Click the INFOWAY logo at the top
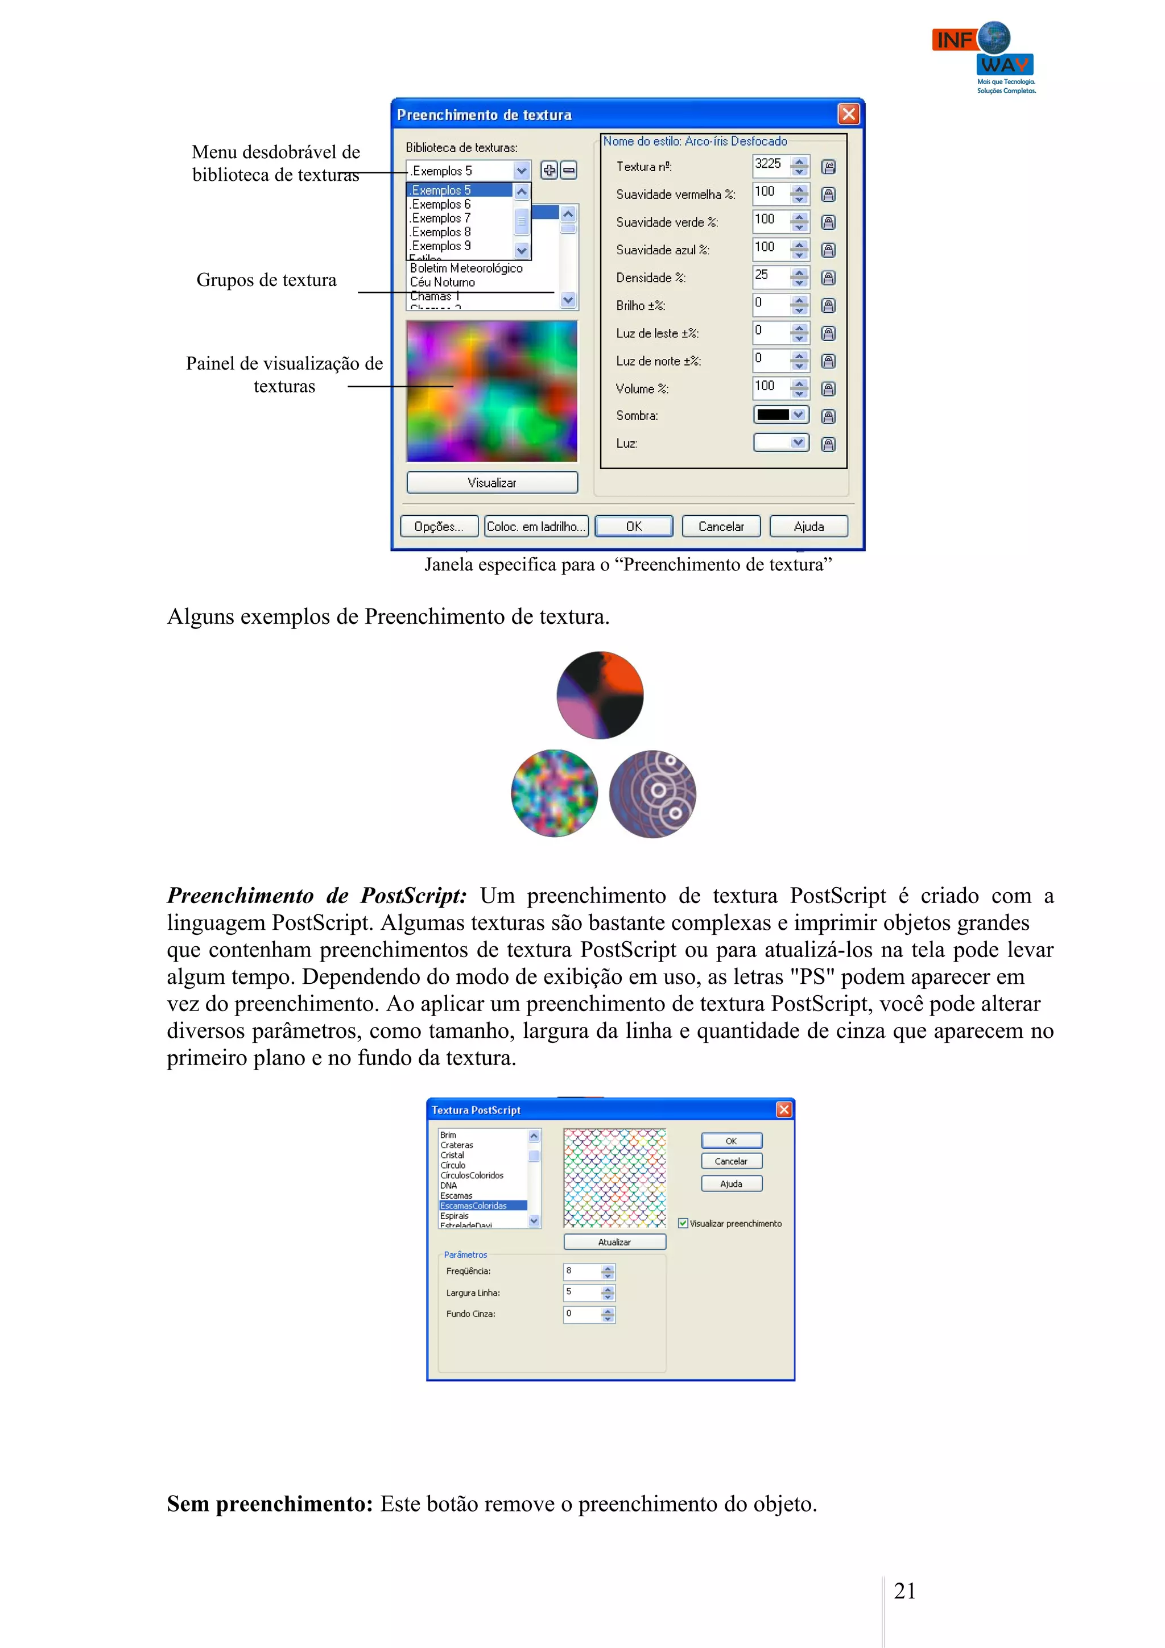coord(984,56)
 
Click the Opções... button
coord(439,526)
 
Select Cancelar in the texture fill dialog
coord(721,526)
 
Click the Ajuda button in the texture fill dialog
coord(808,526)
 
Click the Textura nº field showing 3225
coord(770,165)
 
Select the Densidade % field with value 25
coord(770,276)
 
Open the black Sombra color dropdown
coord(781,415)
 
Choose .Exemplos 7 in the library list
coord(441,218)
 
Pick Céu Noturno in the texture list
coord(443,282)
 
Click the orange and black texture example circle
coord(600,695)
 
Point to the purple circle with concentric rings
coord(652,794)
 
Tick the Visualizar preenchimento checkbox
coord(683,1223)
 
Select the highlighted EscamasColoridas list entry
coord(474,1206)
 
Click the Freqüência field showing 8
coord(581,1271)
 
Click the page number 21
coord(904,1591)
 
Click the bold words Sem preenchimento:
coord(270,1504)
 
